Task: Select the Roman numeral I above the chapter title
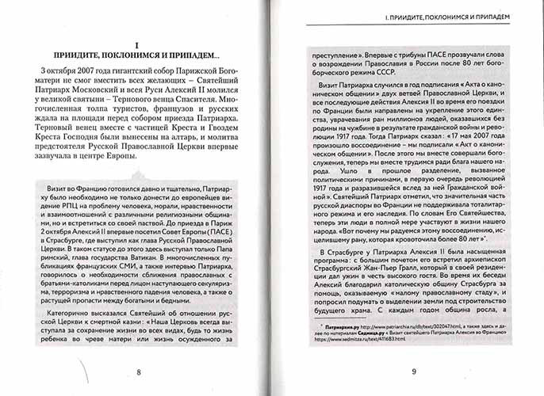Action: [137, 44]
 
